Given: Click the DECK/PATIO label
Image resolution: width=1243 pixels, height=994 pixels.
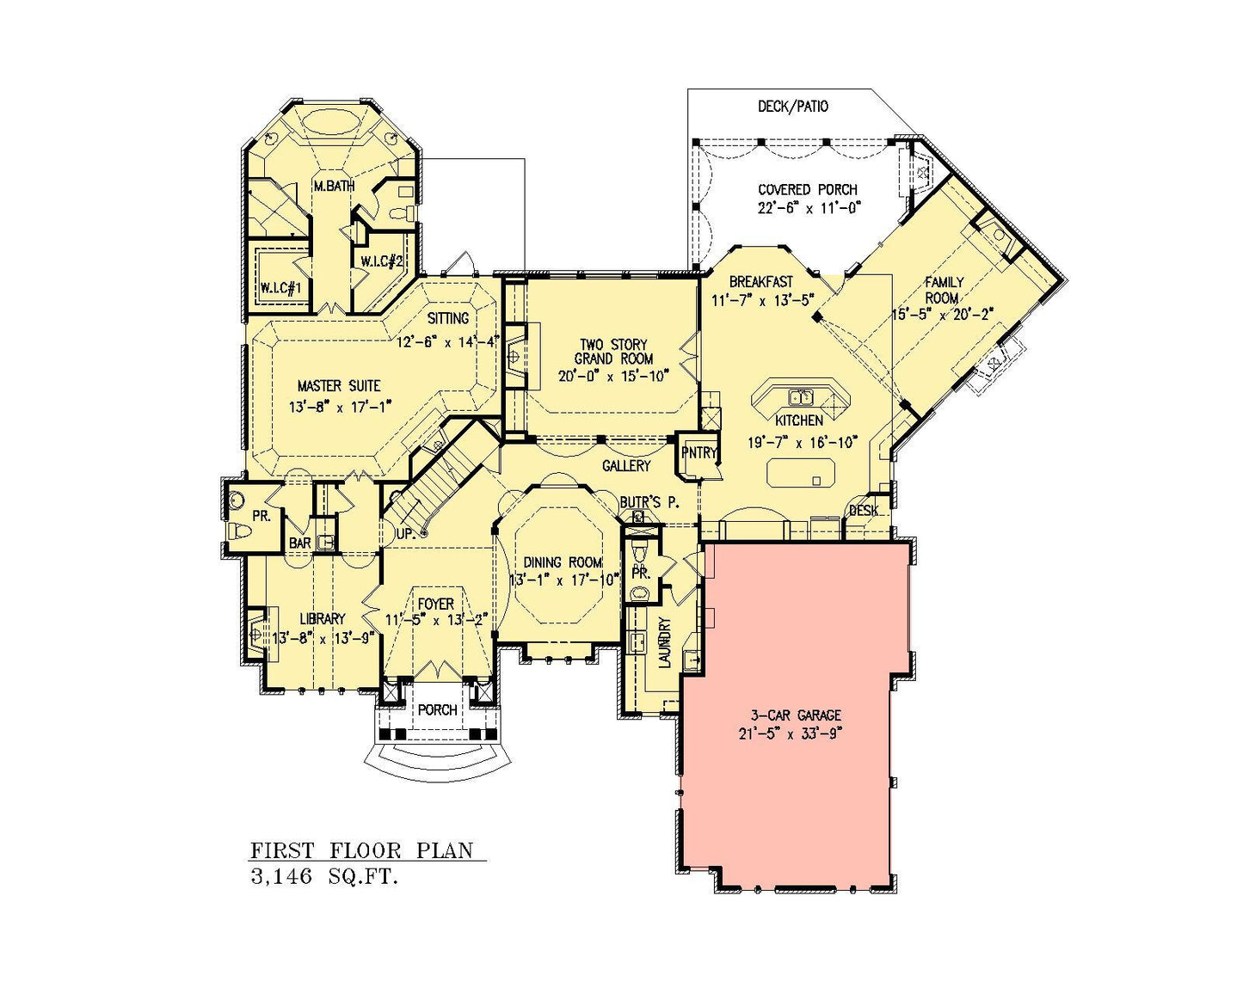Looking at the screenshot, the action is click(x=792, y=107).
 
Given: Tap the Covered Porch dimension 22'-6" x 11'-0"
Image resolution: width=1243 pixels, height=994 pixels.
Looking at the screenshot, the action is click(x=809, y=208).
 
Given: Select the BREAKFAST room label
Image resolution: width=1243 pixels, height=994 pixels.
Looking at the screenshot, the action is click(x=760, y=282).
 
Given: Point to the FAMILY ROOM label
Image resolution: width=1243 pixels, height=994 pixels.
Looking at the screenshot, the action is click(x=944, y=290).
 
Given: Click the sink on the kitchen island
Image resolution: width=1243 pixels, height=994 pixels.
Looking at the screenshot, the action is click(x=801, y=396).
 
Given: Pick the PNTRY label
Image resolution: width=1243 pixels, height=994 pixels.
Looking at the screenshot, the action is click(x=698, y=452).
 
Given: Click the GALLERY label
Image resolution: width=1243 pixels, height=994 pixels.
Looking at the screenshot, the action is click(x=626, y=465).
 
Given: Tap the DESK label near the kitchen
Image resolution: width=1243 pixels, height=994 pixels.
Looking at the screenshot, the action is click(x=864, y=511).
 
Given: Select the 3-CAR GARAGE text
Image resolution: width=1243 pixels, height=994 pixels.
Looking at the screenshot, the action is click(x=796, y=715).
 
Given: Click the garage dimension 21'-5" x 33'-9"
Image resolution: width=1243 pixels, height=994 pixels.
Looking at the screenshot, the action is click(x=790, y=734).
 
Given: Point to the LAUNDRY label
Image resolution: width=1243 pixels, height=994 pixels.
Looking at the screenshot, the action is click(x=665, y=643).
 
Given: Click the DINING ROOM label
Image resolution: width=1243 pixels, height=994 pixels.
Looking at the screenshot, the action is click(x=563, y=562).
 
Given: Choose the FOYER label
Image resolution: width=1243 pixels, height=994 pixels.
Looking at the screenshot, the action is click(x=436, y=604).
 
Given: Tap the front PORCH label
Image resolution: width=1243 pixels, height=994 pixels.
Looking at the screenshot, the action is click(x=437, y=710).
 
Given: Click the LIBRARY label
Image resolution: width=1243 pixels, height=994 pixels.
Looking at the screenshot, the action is click(x=323, y=619).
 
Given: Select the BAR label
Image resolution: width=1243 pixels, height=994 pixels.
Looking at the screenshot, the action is click(x=299, y=543).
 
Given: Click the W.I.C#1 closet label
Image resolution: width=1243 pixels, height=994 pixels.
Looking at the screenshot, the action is click(x=281, y=287).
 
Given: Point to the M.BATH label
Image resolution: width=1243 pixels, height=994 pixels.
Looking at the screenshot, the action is click(x=334, y=186).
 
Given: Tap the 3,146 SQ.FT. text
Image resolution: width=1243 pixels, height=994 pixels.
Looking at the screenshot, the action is click(x=324, y=877).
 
